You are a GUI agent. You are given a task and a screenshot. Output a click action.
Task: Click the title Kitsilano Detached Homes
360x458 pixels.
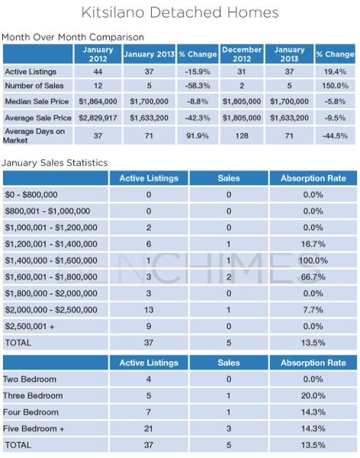coord(180,12)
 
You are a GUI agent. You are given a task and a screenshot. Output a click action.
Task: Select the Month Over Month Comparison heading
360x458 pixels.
coord(72,37)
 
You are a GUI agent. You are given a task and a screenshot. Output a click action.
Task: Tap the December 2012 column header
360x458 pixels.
coord(242,54)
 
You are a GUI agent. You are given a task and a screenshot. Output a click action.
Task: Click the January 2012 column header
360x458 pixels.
coord(98,54)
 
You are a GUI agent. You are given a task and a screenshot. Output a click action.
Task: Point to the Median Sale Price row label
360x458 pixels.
coord(37,101)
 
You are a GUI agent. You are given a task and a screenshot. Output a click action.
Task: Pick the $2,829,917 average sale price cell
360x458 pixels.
coord(98,118)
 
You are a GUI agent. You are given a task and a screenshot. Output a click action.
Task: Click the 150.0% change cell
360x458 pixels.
coord(335,85)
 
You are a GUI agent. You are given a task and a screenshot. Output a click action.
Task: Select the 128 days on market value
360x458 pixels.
coord(242,136)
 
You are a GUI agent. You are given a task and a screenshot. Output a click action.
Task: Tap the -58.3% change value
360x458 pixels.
coord(198,85)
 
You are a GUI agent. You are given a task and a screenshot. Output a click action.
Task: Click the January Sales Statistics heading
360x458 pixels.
coord(55,162)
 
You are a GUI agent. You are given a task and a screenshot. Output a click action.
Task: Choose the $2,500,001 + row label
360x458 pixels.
coord(30,326)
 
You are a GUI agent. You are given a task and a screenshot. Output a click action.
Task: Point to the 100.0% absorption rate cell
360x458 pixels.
coord(313,261)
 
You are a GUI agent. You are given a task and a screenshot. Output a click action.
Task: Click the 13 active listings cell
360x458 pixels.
coord(149,309)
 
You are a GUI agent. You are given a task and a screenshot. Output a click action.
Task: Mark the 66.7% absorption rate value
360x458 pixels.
coord(313,277)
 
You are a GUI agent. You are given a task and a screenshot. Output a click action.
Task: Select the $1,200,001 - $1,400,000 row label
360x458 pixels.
coord(51,244)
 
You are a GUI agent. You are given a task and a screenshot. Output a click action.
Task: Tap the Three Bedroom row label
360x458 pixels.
coord(33,396)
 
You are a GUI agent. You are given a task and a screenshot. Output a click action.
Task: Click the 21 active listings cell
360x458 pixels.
coord(149,428)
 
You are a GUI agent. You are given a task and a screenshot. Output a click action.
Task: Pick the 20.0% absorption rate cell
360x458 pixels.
coord(313,396)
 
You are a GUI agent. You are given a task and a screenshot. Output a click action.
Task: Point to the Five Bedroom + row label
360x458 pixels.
coord(34,428)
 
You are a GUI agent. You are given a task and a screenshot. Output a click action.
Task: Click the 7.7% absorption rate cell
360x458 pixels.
coord(313,309)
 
